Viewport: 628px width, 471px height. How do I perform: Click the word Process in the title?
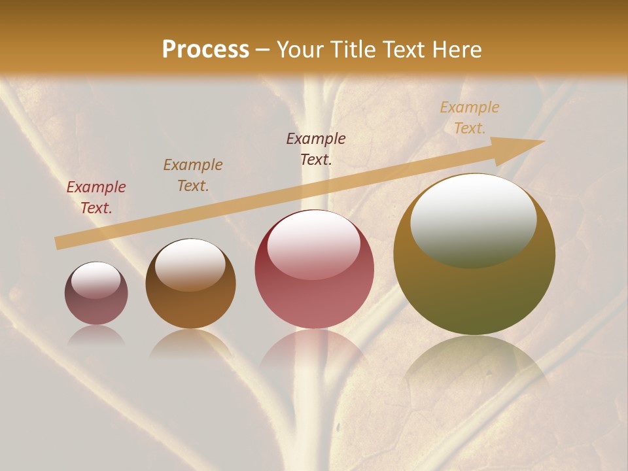(205, 50)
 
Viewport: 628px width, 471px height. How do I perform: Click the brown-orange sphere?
(190, 284)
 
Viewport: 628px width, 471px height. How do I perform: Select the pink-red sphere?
(315, 269)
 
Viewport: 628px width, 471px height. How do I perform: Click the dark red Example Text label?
(96, 198)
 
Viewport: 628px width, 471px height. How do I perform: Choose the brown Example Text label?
(193, 175)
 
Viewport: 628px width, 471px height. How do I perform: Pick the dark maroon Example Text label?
(316, 149)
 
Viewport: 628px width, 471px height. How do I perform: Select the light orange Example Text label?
(470, 118)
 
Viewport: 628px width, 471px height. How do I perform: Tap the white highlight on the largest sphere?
(473, 220)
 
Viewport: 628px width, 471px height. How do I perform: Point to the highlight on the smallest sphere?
(96, 280)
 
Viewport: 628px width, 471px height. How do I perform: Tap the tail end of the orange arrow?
(59, 243)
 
